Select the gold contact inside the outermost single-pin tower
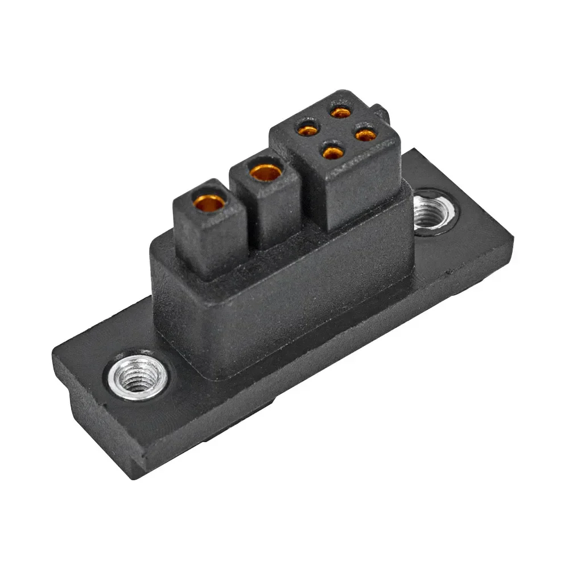(x=208, y=201)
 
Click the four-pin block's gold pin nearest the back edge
(x=341, y=112)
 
